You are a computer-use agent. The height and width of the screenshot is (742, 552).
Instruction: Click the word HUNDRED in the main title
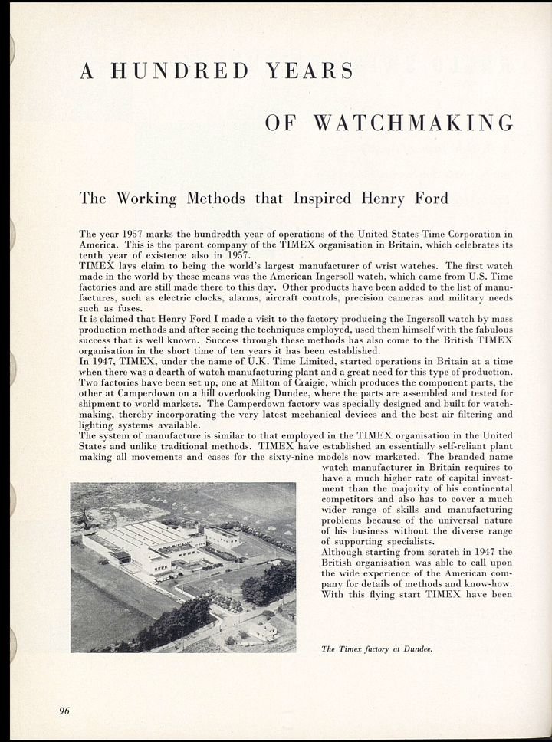click(182, 71)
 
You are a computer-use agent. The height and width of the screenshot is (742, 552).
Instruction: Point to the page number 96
click(64, 711)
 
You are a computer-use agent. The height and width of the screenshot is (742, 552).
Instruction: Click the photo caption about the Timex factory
click(377, 649)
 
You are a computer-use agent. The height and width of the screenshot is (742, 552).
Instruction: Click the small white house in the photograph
click(263, 630)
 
